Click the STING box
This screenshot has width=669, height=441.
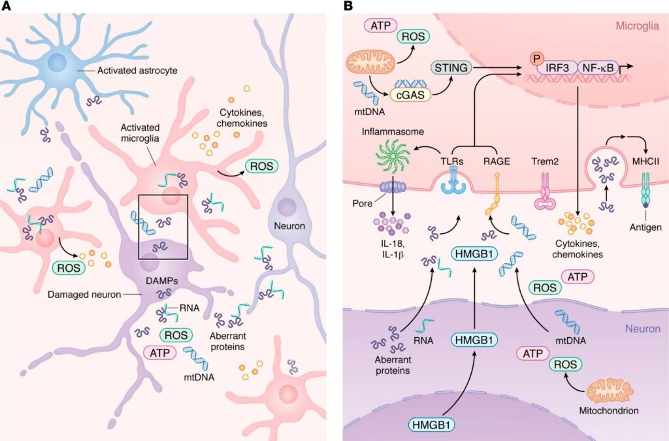point(450,67)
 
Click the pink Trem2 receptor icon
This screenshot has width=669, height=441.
point(542,195)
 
